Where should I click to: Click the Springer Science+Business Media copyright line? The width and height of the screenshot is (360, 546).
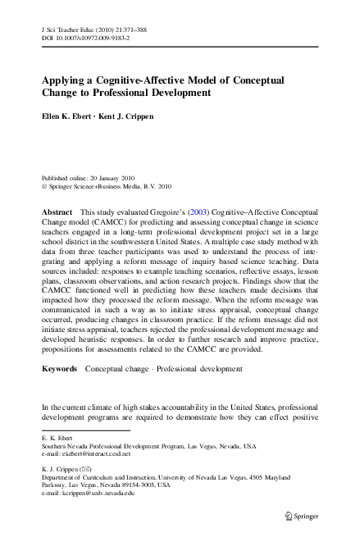coord(106,185)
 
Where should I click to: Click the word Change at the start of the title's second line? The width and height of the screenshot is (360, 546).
coord(63,93)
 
